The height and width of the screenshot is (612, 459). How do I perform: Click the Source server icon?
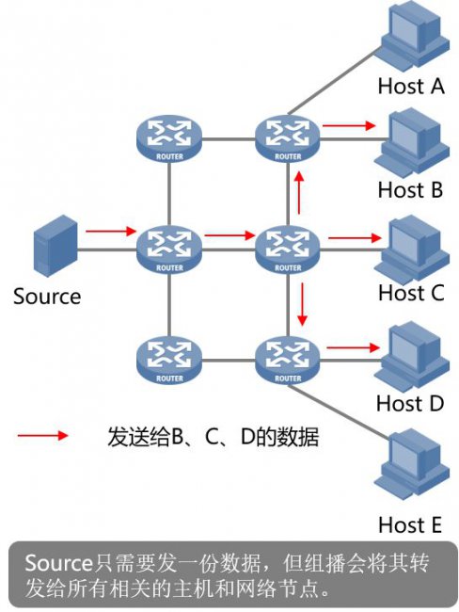[x=55, y=246]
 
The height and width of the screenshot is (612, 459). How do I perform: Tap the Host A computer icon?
[x=415, y=34]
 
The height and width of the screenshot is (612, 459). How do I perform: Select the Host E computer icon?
[x=413, y=463]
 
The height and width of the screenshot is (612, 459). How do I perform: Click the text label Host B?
[x=410, y=189]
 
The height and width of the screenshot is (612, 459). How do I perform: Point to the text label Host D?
[x=410, y=403]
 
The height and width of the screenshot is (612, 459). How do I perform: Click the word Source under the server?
[x=47, y=297]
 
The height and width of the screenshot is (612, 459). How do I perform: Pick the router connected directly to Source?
[x=169, y=250]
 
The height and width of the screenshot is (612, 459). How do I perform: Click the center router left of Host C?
[x=288, y=250]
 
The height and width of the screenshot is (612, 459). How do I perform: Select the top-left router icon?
[x=169, y=138]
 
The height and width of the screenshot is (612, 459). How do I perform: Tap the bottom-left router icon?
[x=169, y=361]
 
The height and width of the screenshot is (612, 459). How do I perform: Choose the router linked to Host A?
[x=288, y=138]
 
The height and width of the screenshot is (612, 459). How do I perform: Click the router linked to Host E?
[x=288, y=361]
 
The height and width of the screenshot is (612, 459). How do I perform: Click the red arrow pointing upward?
[x=299, y=192]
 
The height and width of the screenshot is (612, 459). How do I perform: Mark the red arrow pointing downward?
[x=301, y=304]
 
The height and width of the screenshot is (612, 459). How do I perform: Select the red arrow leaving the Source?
[x=111, y=231]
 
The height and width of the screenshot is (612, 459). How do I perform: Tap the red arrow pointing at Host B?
[x=349, y=125]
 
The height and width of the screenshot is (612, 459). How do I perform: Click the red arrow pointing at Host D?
[x=354, y=347]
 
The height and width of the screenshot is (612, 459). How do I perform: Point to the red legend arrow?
[x=43, y=436]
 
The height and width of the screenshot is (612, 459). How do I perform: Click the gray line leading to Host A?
[x=335, y=81]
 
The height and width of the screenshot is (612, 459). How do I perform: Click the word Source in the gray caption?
[x=58, y=563]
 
